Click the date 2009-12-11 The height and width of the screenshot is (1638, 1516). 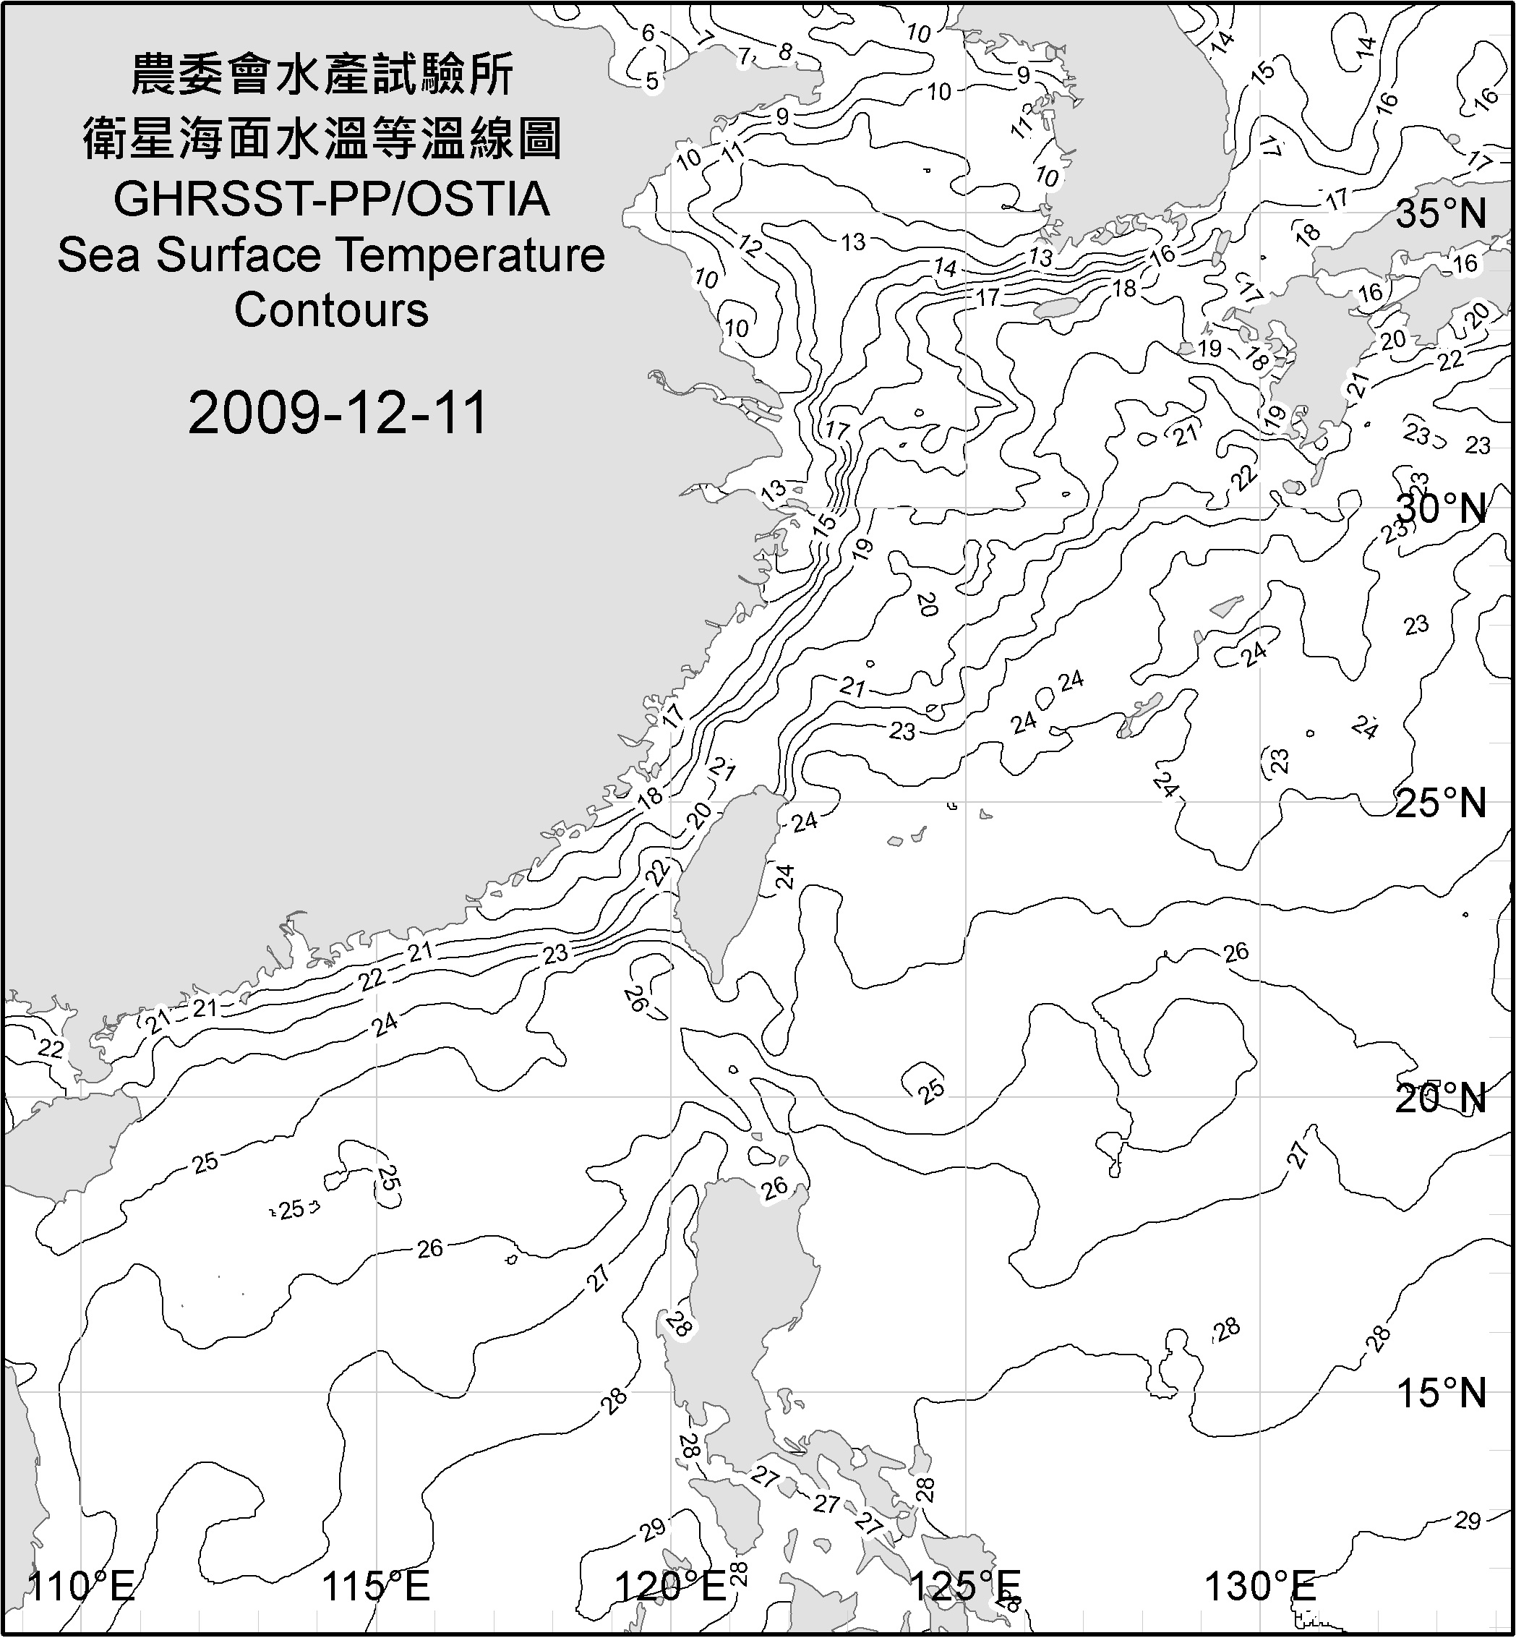[x=338, y=413]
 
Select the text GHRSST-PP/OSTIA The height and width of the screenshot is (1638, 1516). [x=331, y=200]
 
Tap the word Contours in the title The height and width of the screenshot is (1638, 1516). [x=331, y=310]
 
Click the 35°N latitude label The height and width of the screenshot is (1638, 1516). [x=1441, y=214]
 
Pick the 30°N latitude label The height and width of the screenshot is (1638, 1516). [x=1441, y=509]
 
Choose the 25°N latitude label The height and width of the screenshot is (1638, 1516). [x=1441, y=803]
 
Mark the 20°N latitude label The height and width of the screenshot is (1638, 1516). [x=1441, y=1098]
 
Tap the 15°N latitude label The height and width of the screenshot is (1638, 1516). [x=1441, y=1394]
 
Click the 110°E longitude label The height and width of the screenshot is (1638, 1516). [x=80, y=1587]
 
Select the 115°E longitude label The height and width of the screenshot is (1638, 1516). [x=376, y=1587]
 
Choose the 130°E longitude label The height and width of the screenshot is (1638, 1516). [x=1260, y=1587]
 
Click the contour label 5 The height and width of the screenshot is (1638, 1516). [x=652, y=81]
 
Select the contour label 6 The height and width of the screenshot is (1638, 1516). [x=648, y=33]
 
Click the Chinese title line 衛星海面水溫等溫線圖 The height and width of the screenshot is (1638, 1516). [x=322, y=138]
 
